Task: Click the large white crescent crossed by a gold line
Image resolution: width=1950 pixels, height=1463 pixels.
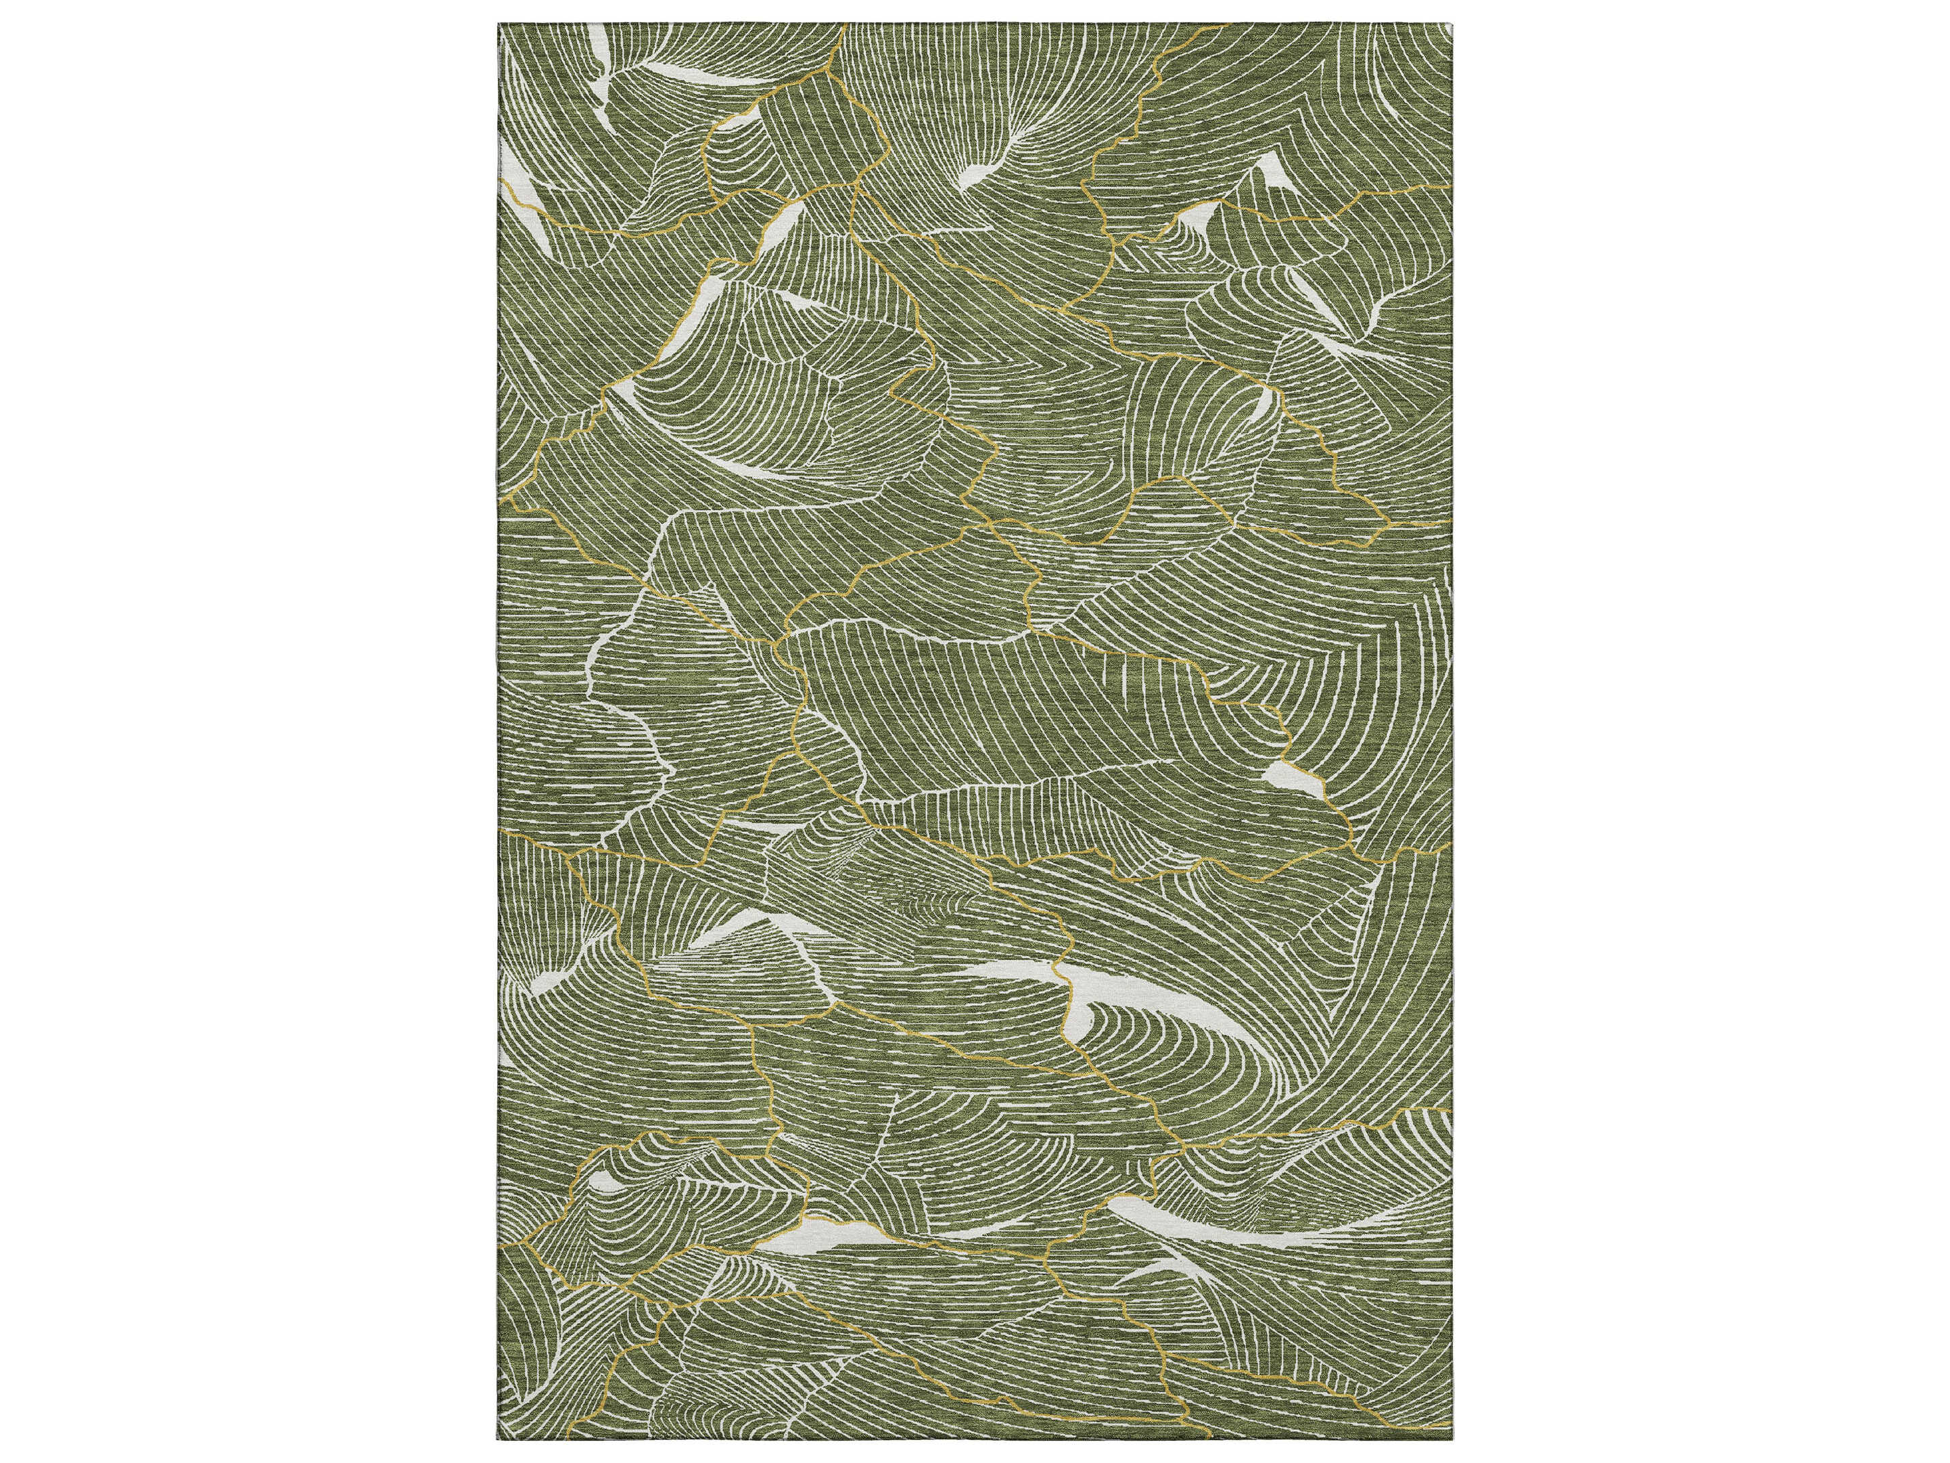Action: tap(1049, 978)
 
